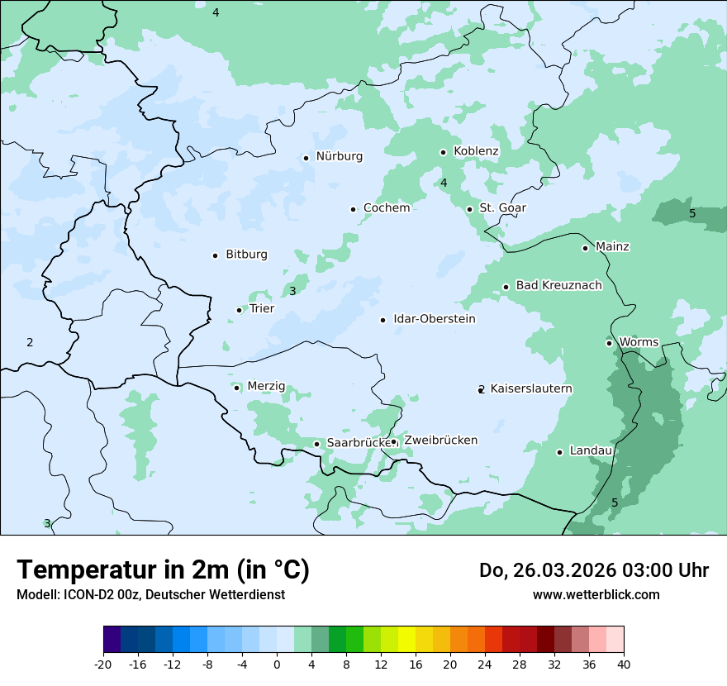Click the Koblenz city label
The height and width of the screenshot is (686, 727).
click(x=476, y=151)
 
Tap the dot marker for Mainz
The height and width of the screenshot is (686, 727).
click(x=585, y=248)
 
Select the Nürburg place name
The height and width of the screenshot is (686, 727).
click(x=339, y=156)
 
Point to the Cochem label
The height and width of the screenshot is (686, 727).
click(x=386, y=208)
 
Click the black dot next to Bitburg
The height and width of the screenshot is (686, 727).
click(x=215, y=255)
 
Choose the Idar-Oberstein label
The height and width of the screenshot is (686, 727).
click(x=434, y=319)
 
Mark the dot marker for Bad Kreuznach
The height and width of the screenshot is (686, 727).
click(x=506, y=288)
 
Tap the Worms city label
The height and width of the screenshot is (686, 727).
click(x=638, y=342)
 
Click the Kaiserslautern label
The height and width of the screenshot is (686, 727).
click(x=530, y=388)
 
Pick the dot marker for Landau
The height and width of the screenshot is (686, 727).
click(x=559, y=452)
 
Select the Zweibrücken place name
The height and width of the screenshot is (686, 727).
click(x=440, y=441)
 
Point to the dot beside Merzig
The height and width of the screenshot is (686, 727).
click(x=236, y=388)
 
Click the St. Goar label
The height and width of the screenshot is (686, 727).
click(x=502, y=208)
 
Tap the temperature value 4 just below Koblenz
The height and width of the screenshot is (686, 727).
click(x=444, y=183)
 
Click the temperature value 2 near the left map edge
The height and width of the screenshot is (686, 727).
click(x=30, y=342)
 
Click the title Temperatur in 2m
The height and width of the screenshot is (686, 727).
click(x=163, y=570)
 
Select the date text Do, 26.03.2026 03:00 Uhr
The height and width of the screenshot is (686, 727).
click(x=593, y=570)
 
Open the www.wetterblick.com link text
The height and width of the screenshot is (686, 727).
click(x=596, y=594)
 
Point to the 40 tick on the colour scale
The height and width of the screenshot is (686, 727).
click(x=624, y=664)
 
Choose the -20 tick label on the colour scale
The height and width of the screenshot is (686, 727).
click(x=103, y=664)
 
